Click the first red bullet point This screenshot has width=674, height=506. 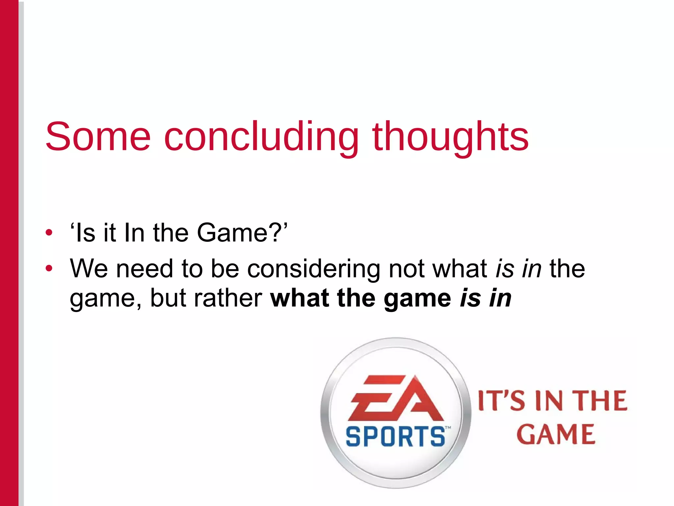pyautogui.click(x=49, y=233)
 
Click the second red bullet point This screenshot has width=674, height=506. pyautogui.click(x=49, y=268)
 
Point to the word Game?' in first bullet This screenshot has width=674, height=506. pyautogui.click(x=242, y=233)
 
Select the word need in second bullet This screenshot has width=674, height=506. pyautogui.click(x=144, y=268)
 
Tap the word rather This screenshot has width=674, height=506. pyautogui.click(x=228, y=298)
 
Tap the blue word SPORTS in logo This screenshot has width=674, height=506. pyautogui.click(x=395, y=436)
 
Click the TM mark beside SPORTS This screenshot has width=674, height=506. pyautogui.click(x=448, y=428)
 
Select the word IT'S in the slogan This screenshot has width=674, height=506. pyautogui.click(x=501, y=401)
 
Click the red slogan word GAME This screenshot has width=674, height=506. pyautogui.click(x=556, y=435)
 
